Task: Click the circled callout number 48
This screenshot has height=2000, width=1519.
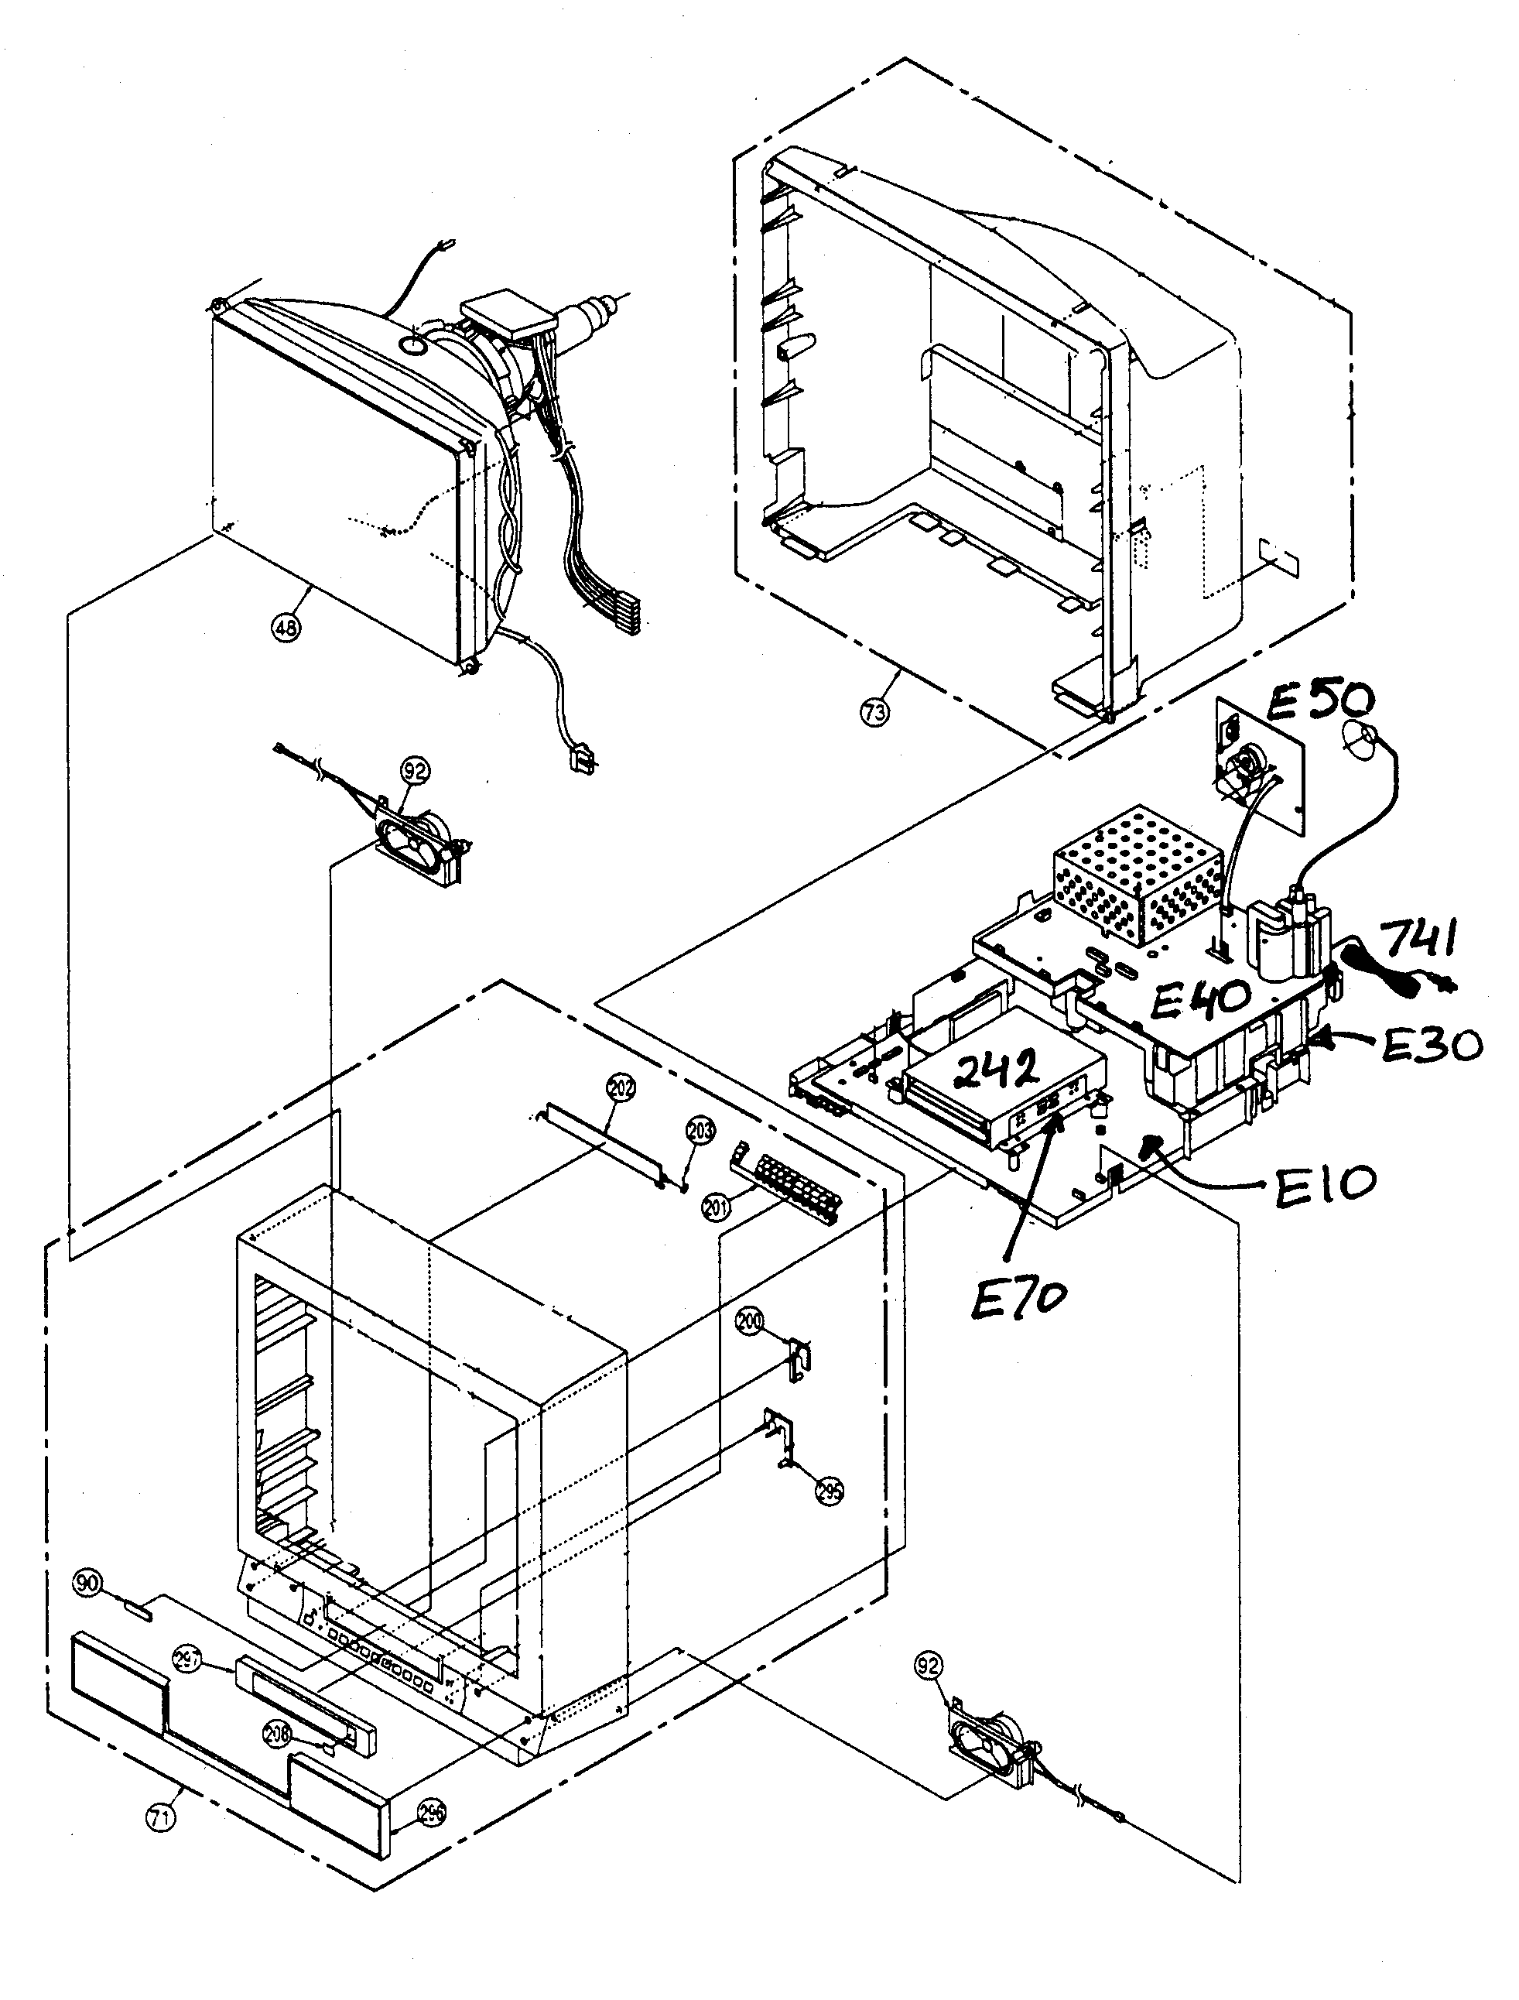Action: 286,628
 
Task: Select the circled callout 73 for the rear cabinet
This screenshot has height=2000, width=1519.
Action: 874,711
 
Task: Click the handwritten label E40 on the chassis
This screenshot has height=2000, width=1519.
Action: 1201,1000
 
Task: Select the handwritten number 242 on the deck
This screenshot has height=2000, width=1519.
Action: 994,1074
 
